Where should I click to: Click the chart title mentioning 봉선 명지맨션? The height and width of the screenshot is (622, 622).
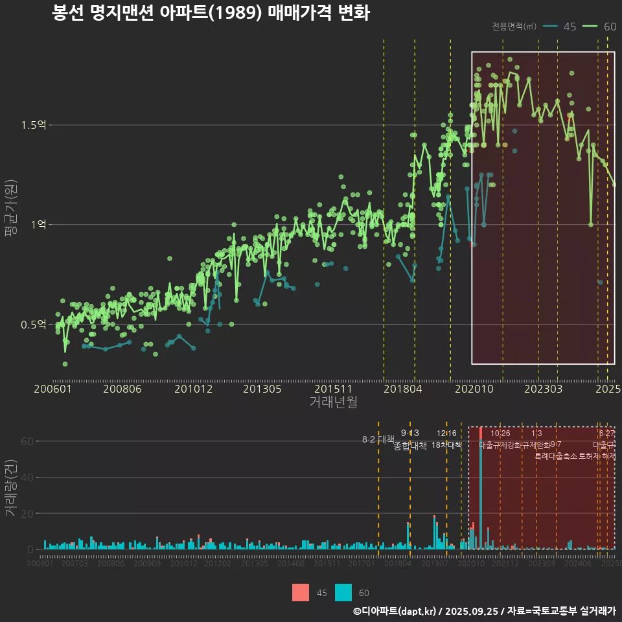(x=211, y=14)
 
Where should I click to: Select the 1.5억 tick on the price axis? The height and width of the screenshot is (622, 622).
(x=38, y=125)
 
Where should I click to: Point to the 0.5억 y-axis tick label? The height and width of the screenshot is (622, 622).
(x=38, y=325)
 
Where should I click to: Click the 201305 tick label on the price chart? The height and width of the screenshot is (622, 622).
(x=262, y=389)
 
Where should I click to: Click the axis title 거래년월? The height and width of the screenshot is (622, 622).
(x=333, y=402)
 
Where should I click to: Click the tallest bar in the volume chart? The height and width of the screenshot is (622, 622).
(x=481, y=492)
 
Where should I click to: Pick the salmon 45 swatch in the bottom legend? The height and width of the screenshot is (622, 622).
(x=301, y=592)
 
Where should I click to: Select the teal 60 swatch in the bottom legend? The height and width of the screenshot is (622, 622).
(x=343, y=592)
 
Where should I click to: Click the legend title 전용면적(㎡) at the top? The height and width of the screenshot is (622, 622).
(x=514, y=27)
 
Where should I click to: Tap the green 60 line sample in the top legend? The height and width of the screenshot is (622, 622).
(x=590, y=27)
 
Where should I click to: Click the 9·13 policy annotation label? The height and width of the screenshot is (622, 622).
(x=410, y=433)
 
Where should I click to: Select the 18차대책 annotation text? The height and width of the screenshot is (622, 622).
(x=446, y=445)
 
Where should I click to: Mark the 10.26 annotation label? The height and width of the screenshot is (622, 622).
(x=500, y=433)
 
